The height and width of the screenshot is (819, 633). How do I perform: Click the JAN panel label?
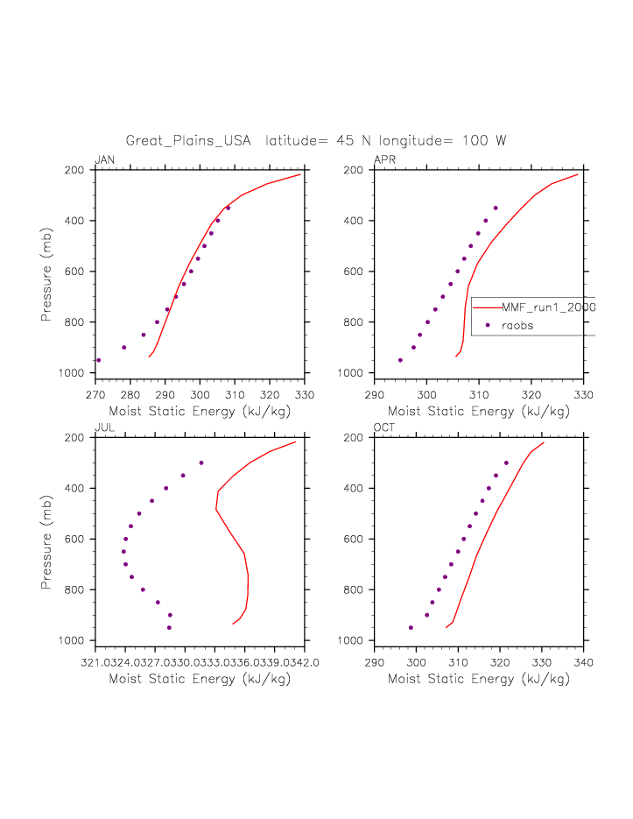click(x=104, y=159)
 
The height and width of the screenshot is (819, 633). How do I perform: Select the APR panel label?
click(x=384, y=159)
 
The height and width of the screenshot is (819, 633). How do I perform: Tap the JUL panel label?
click(x=104, y=427)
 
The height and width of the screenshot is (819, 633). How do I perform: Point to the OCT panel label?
click(x=384, y=427)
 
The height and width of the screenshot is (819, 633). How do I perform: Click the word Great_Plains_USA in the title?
click(x=188, y=141)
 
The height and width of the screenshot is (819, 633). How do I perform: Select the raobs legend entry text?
click(x=517, y=325)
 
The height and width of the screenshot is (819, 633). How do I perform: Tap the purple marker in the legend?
click(x=487, y=325)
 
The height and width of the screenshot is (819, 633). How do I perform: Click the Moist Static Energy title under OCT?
click(x=479, y=679)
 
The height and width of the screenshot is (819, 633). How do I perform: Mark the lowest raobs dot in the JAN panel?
click(x=99, y=360)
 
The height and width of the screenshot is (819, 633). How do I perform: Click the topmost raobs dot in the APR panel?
click(x=496, y=208)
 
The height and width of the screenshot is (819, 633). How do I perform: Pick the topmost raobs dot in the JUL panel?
click(x=201, y=462)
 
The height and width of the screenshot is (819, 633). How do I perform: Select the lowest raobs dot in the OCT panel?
click(x=411, y=627)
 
